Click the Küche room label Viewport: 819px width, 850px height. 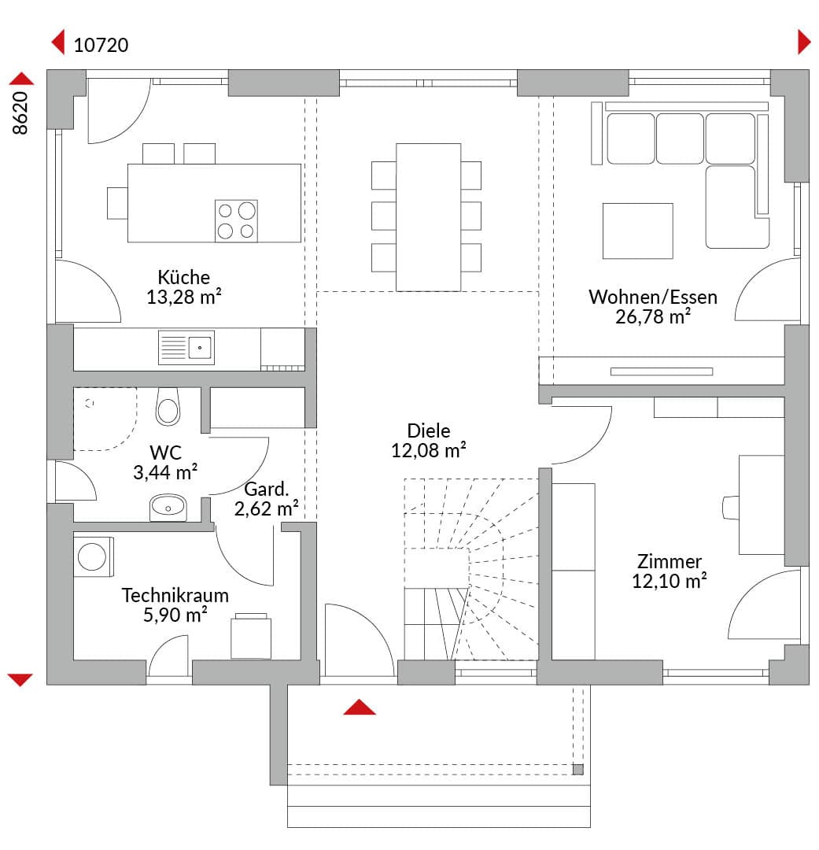pyautogui.click(x=184, y=277)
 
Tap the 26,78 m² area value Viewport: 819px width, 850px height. pyautogui.click(x=652, y=316)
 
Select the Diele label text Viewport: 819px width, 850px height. pyautogui.click(x=428, y=431)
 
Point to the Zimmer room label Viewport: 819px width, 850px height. pyautogui.click(x=669, y=561)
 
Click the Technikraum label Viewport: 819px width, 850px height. pyautogui.click(x=175, y=595)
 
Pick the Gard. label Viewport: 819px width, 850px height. pyautogui.click(x=266, y=489)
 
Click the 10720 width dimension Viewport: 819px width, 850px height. pyautogui.click(x=101, y=45)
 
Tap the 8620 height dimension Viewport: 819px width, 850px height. pyautogui.click(x=20, y=113)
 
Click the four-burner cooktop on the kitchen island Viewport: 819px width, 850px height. pyautogui.click(x=236, y=220)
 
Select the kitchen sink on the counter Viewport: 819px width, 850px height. pyautogui.click(x=186, y=348)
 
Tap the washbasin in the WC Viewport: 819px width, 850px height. pyautogui.click(x=168, y=508)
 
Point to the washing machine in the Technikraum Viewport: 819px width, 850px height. pyautogui.click(x=93, y=556)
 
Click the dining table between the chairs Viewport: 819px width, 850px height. pyautogui.click(x=428, y=217)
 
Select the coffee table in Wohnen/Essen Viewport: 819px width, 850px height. pyautogui.click(x=638, y=231)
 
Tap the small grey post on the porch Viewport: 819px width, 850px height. pyautogui.click(x=578, y=769)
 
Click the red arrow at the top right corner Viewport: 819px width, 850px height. pyautogui.click(x=804, y=42)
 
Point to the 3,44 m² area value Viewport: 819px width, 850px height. pyautogui.click(x=165, y=472)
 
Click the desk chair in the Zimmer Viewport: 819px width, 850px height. pyautogui.click(x=731, y=508)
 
